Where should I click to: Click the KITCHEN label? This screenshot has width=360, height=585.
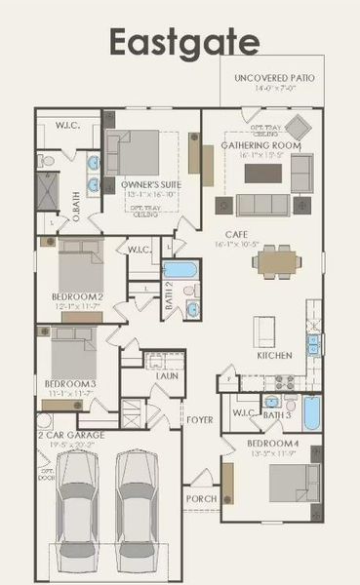click(x=274, y=356)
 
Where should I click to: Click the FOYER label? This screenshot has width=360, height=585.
click(x=200, y=420)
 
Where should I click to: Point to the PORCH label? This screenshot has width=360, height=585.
click(x=202, y=498)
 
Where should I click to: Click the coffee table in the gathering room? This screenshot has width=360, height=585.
click(x=262, y=173)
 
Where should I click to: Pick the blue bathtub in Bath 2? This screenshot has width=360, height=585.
click(x=178, y=271)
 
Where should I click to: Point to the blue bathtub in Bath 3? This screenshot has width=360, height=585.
click(x=311, y=412)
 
